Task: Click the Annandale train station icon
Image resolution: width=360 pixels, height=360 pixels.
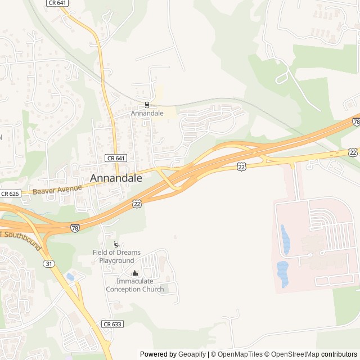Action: tap(147, 104)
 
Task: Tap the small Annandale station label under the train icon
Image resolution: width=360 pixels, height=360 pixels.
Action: tap(147, 113)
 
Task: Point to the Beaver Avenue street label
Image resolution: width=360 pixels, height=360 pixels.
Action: tap(57, 189)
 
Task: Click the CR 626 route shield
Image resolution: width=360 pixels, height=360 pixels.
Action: tap(10, 193)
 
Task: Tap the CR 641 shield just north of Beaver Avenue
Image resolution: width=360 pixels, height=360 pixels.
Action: tap(115, 159)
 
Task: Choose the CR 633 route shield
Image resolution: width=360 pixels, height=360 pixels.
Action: tap(112, 324)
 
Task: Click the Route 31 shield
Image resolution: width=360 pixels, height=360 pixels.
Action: tap(50, 264)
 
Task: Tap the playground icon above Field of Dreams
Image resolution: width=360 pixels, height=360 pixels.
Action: tap(116, 244)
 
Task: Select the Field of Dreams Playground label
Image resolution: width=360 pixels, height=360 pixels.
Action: tap(116, 256)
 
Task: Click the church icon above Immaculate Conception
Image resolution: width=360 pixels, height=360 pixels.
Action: tap(134, 273)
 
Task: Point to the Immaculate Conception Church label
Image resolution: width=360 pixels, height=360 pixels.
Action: tap(135, 285)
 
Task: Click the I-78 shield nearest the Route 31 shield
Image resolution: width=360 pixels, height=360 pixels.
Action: tap(75, 228)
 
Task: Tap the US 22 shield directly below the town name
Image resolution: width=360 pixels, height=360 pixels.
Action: tap(137, 204)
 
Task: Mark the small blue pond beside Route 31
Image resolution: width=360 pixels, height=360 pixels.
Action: tap(70, 276)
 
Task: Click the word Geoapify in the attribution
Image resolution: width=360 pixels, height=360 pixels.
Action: tap(192, 354)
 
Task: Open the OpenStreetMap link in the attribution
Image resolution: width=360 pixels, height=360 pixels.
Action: tap(292, 354)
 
